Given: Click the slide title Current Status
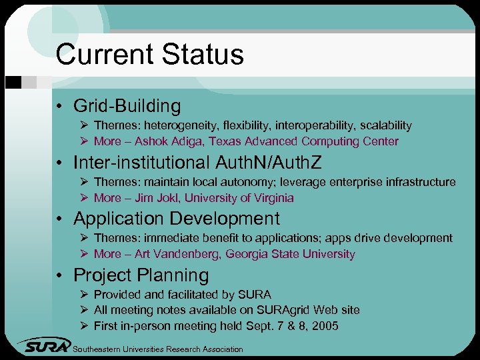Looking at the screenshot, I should point(149,55).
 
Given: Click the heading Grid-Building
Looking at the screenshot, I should point(127,106).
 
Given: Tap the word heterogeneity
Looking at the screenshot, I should point(181,125).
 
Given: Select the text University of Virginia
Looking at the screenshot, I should point(239,198).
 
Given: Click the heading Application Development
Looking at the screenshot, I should point(177,219).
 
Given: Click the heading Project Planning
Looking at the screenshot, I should point(141,275).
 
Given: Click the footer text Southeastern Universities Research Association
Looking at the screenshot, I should point(157,349).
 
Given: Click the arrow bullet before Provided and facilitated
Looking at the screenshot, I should point(83,294).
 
